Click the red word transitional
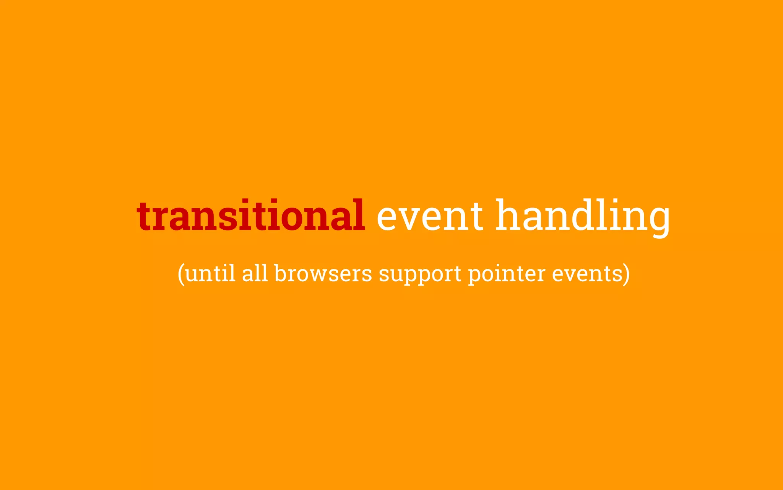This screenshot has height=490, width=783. (x=250, y=216)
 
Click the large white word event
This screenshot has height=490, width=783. (x=430, y=216)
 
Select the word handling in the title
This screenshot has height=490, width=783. (x=583, y=216)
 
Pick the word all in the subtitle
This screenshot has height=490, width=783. (x=255, y=274)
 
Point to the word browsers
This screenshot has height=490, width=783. (x=323, y=274)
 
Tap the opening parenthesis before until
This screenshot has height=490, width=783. (x=181, y=274)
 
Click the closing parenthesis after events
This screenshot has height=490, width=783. (x=626, y=274)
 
